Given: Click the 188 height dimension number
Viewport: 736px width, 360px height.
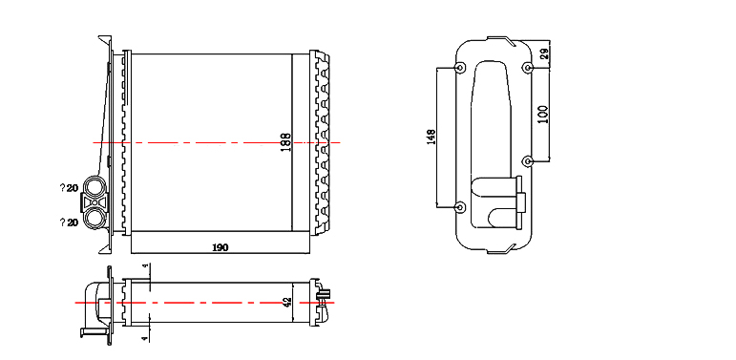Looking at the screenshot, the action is click(x=285, y=142).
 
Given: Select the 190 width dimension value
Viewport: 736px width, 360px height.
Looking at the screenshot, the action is click(x=221, y=247).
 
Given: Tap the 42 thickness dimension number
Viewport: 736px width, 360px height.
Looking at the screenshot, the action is click(x=287, y=303).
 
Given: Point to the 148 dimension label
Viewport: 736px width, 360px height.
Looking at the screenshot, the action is click(x=431, y=137).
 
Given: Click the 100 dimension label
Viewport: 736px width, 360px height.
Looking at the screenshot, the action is click(x=543, y=114).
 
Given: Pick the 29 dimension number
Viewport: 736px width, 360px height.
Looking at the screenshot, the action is click(x=544, y=53).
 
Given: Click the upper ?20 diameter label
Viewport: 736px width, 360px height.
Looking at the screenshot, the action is click(x=69, y=188).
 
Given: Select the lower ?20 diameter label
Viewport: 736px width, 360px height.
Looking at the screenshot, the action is click(x=69, y=222).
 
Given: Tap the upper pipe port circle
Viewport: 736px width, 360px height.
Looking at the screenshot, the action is click(x=95, y=186).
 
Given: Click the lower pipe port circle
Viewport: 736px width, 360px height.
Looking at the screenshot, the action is click(x=95, y=218).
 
